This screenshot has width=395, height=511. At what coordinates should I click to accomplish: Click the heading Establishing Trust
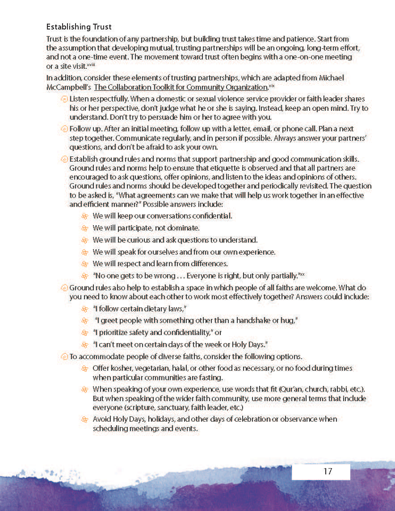79,27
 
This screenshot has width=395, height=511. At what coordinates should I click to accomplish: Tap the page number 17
328,471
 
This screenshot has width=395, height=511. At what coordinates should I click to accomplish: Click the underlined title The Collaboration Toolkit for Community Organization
181,88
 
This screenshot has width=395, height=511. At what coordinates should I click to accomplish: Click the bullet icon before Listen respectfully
64,99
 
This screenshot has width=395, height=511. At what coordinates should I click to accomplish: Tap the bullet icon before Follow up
64,129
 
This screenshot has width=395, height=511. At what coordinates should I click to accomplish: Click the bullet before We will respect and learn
84,264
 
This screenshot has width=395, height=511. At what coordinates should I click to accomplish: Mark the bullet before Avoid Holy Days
84,419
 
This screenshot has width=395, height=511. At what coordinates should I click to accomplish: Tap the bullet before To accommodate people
64,357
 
